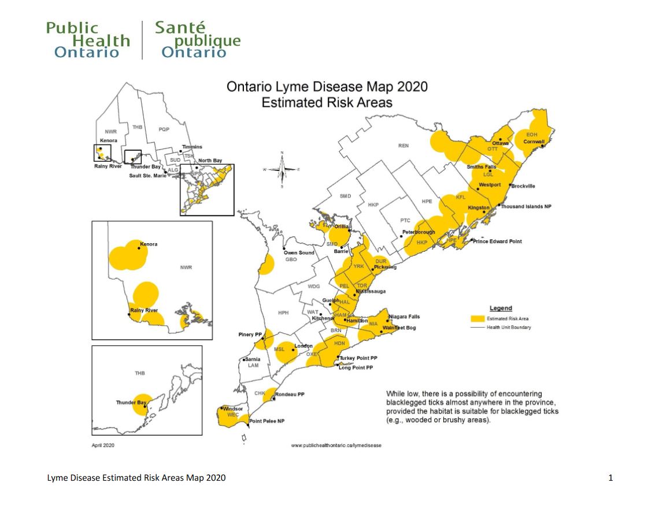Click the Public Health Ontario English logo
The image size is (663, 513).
point(87,40)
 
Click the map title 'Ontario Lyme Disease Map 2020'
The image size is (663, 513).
point(327,87)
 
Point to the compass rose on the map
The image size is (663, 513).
point(282,169)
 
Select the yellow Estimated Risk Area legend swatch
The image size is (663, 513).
point(477,318)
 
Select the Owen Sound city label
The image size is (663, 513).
point(298,252)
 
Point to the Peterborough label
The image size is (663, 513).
point(418,232)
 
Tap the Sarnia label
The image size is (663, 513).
point(253,359)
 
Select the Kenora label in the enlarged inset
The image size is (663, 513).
point(148,244)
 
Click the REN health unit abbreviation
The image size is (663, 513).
point(403,146)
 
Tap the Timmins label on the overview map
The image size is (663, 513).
point(192,147)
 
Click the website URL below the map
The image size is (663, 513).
point(336,445)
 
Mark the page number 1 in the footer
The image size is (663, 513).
point(610,478)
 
